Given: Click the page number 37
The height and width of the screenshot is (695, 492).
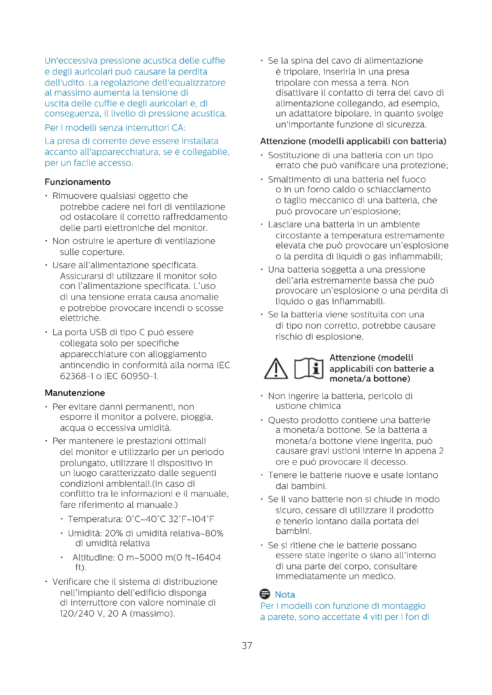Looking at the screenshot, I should tap(247, 646).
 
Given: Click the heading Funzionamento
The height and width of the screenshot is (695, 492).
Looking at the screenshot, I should tap(78, 182).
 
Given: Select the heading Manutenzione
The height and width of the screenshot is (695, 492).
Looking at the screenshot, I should tap(75, 393).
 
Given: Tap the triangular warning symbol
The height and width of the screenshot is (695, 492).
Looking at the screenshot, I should tap(276, 369).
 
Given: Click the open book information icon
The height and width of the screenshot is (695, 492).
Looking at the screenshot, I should tap(309, 369).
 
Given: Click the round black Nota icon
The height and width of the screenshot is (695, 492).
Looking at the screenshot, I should tap(265, 594).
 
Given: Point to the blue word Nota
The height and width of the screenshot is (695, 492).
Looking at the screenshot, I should tap(285, 595).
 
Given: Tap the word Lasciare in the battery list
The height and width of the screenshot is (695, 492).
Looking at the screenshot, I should tap(285, 225).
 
